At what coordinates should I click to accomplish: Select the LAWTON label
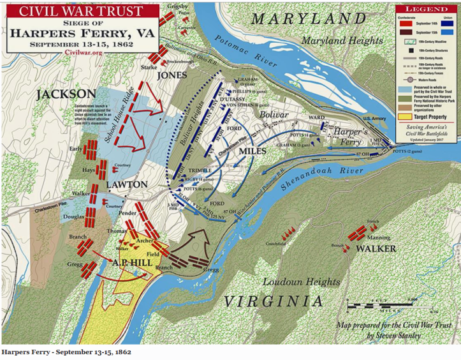tap(128, 184)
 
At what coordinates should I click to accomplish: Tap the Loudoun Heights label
tap(302, 281)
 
